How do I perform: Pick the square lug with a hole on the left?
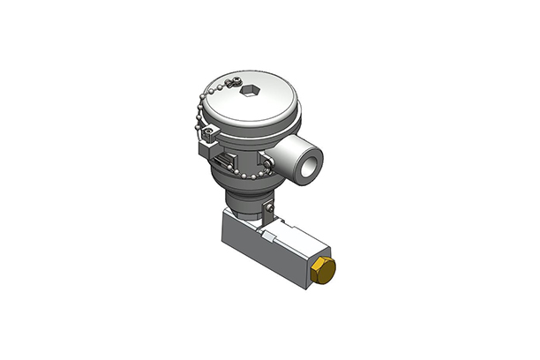click(x=208, y=135)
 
